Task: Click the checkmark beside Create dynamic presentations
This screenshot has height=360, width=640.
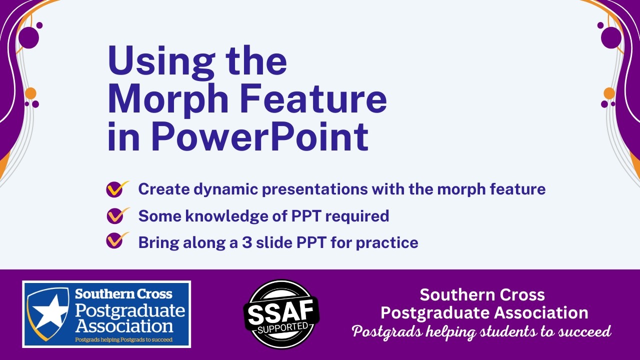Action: (x=116, y=189)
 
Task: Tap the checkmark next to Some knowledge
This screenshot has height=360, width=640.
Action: (x=116, y=216)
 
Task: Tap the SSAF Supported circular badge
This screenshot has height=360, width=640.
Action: (x=280, y=314)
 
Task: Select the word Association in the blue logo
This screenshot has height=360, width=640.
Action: (x=124, y=326)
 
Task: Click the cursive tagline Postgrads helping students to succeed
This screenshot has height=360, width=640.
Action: (x=481, y=331)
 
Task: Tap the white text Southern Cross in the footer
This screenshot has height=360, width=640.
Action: (x=482, y=294)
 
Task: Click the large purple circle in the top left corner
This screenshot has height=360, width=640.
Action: (x=28, y=38)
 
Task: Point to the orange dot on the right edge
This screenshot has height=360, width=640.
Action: (x=608, y=93)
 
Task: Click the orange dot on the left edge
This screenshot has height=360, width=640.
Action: (x=30, y=93)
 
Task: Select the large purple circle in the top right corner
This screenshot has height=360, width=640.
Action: (x=611, y=38)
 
